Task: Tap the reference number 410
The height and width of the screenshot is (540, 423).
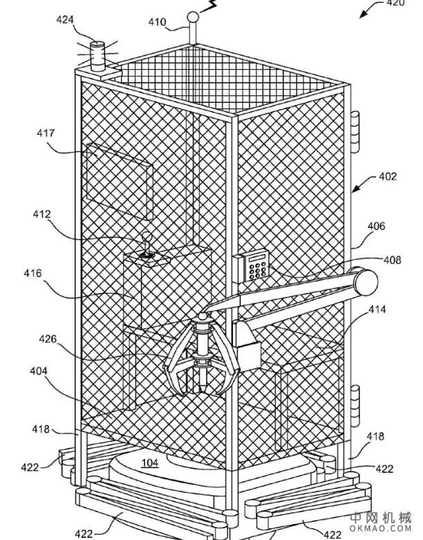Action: (157, 22)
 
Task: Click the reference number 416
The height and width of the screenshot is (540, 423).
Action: (32, 273)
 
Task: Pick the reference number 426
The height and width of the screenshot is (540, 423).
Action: (48, 339)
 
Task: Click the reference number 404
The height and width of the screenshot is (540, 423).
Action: (38, 372)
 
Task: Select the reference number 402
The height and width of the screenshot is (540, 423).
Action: (387, 177)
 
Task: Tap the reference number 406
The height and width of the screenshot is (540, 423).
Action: (377, 226)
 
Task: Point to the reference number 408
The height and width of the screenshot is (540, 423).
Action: (392, 260)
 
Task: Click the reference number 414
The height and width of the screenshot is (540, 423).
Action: (377, 310)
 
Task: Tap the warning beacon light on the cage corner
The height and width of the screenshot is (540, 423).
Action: (98, 53)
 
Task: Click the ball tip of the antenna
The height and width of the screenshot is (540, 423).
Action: (194, 16)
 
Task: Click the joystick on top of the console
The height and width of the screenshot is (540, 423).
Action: (147, 247)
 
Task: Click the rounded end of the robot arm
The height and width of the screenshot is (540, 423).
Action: (366, 280)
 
